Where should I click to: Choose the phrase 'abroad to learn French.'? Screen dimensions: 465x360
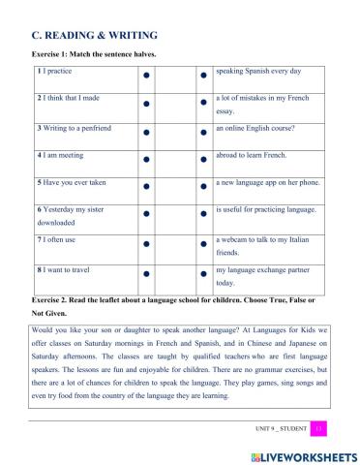click(x=252, y=154)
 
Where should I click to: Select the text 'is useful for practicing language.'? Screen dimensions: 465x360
click(x=266, y=208)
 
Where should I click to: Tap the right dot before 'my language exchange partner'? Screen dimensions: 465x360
click(x=201, y=274)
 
